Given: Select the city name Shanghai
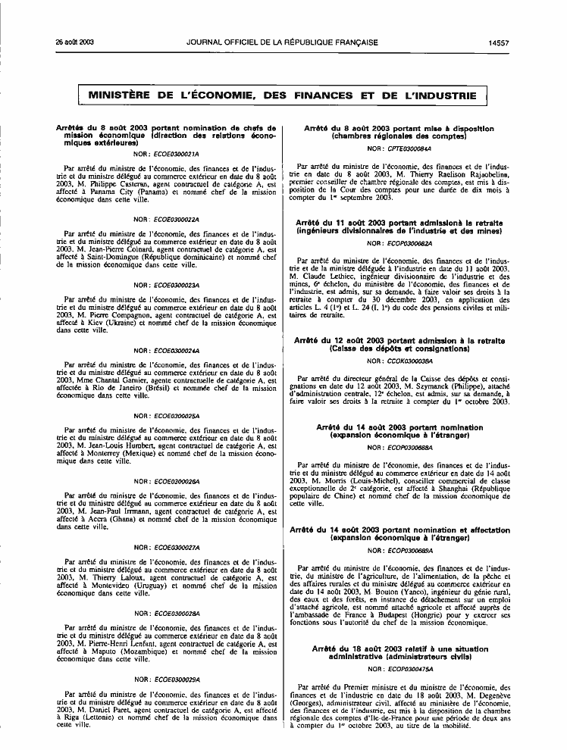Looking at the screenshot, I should tap(459, 488).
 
